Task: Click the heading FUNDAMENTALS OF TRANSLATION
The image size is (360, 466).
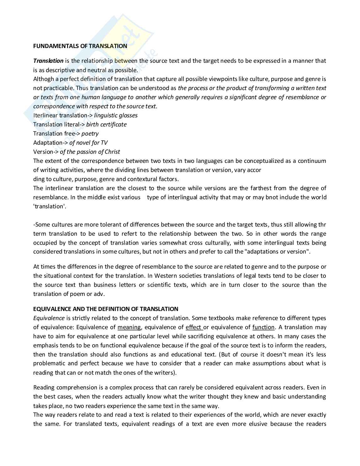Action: [80, 46]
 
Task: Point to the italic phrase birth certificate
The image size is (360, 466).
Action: [106, 124]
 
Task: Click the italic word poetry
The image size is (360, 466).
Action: [90, 133]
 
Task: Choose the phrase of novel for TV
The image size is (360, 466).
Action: [88, 142]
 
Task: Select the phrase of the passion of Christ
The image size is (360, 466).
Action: [90, 152]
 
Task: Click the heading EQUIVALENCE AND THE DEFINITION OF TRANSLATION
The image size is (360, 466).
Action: [106, 309]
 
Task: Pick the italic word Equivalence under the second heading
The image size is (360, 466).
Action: [49, 318]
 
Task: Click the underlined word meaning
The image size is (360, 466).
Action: [129, 327]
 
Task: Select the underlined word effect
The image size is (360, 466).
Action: [193, 327]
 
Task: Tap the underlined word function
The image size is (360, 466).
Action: [263, 327]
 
